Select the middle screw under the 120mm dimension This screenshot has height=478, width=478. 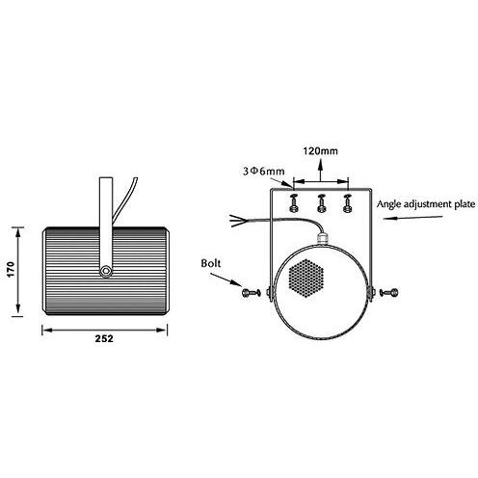coord(321,204)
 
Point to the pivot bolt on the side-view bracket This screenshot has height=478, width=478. coord(104,273)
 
